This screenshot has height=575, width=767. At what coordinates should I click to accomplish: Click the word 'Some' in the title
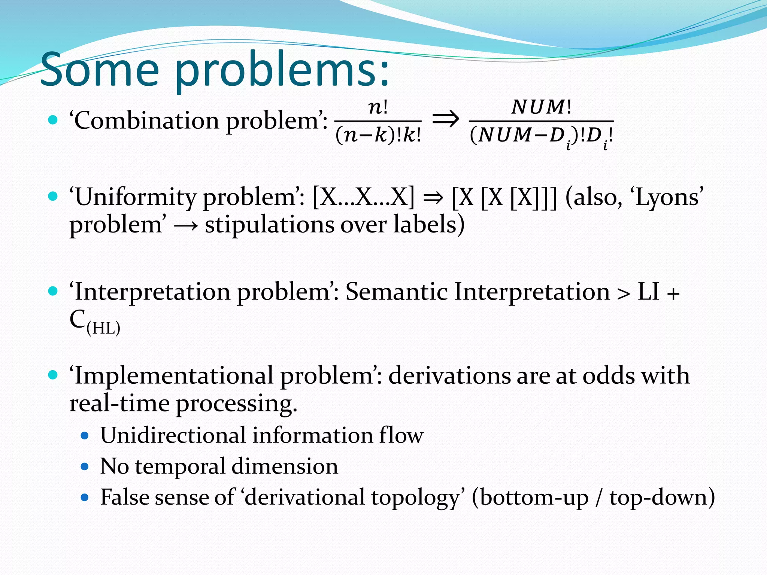tap(100, 70)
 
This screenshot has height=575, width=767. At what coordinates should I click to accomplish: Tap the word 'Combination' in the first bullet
tap(146, 121)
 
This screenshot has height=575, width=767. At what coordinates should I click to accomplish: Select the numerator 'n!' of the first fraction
tap(378, 107)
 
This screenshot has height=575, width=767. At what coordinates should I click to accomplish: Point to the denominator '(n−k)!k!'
tap(378, 135)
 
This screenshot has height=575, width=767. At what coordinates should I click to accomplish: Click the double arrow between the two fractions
tap(445, 119)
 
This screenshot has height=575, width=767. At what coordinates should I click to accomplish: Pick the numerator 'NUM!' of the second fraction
tap(541, 107)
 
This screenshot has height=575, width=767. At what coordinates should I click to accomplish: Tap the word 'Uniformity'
tap(135, 197)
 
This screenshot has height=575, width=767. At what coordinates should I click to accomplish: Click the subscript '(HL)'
tap(103, 328)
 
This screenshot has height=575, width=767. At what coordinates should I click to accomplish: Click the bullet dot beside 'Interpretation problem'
tap(53, 291)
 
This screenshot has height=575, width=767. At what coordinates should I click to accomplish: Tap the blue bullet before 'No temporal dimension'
tap(85, 466)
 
